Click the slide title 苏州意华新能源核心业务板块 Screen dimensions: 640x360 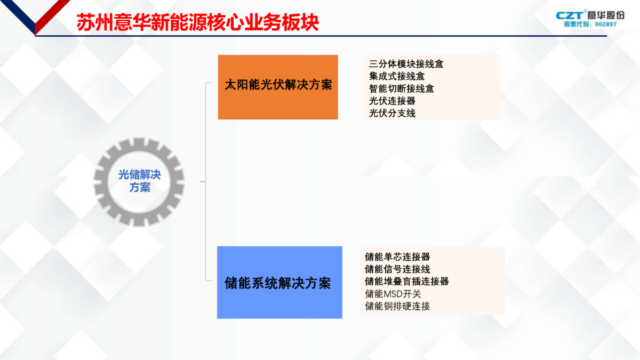pyautogui.click(x=197, y=22)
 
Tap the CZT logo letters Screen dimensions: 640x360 pyautogui.click(x=570, y=15)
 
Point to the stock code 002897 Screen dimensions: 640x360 pyautogui.click(x=606, y=25)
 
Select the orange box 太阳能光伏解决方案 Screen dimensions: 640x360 pyautogui.click(x=278, y=87)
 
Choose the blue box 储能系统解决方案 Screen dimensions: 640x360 pyautogui.click(x=279, y=282)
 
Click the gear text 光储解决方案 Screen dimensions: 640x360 pyautogui.click(x=140, y=181)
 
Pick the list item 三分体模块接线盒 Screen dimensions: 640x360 pyautogui.click(x=406, y=64)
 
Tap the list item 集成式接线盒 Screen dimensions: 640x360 pyautogui.click(x=397, y=76)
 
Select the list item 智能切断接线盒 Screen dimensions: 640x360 pyautogui.click(x=402, y=89)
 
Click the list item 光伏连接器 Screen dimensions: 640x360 pyautogui.click(x=392, y=101)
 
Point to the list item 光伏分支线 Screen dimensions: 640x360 pyautogui.click(x=392, y=113)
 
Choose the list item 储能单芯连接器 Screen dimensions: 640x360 pyautogui.click(x=397, y=257)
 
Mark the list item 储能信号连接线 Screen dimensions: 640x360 pyautogui.click(x=397, y=269)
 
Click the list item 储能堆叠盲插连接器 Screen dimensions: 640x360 pyautogui.click(x=406, y=282)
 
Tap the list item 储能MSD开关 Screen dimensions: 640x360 pyautogui.click(x=393, y=294)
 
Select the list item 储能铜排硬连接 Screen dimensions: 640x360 pyautogui.click(x=397, y=306)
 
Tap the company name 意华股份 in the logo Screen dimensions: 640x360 pyautogui.click(x=605, y=15)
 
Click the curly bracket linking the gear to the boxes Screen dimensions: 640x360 pyautogui.click(x=206, y=181)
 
